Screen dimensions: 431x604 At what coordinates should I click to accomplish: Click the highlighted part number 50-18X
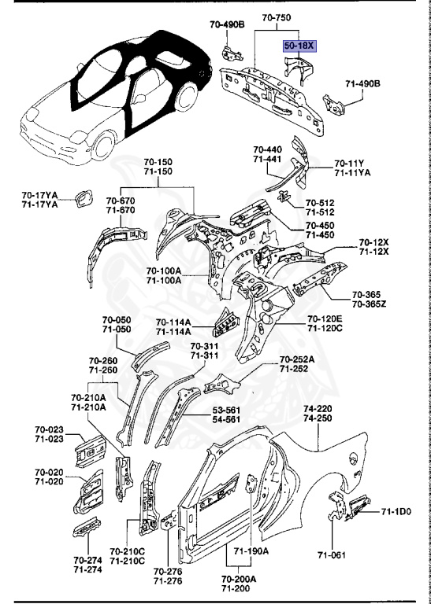point(300,46)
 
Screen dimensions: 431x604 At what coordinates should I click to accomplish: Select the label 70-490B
point(227,24)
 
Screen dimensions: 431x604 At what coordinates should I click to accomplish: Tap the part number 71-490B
point(362,83)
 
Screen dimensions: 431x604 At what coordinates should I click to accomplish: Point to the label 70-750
point(277,17)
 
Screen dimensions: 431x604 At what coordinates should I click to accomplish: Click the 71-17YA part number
point(39,204)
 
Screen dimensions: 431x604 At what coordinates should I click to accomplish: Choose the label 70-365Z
point(369,304)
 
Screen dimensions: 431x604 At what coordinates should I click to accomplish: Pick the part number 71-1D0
point(396,511)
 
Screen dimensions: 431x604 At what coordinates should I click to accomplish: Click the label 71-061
point(332,555)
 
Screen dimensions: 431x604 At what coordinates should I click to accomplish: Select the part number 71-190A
point(251,551)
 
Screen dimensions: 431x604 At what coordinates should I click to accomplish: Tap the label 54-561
point(225,419)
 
